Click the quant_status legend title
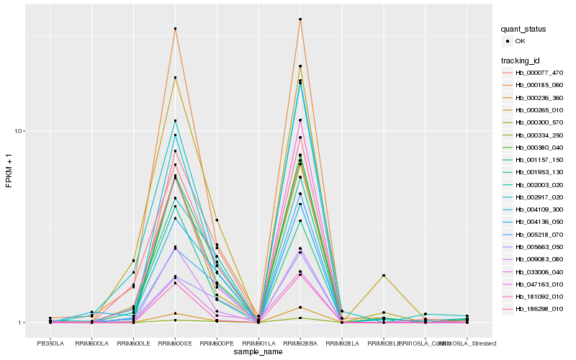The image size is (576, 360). tap(523, 30)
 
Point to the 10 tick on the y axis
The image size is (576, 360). tap(20, 131)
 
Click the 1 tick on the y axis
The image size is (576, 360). tap(22, 323)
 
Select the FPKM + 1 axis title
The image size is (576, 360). tap(9, 171)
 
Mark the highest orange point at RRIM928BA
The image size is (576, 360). tap(300, 19)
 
